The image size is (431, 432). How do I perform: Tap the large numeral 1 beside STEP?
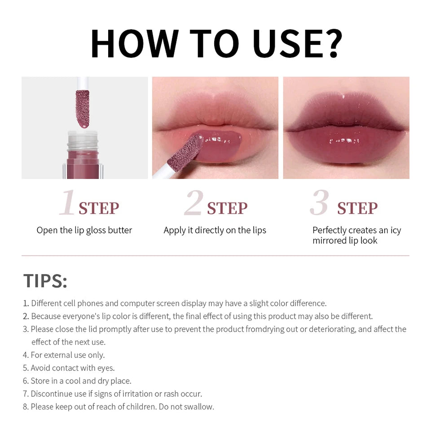[x=67, y=203]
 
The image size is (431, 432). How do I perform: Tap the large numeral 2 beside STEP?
[x=194, y=203]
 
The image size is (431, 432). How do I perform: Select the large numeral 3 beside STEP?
[x=319, y=203]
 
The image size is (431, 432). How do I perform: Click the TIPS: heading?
[x=45, y=281]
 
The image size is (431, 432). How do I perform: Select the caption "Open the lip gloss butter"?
[x=84, y=230]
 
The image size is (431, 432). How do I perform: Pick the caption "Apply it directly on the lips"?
[x=215, y=230]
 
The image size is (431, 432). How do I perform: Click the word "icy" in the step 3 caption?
[x=396, y=230]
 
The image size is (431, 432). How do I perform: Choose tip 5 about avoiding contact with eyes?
[x=72, y=368]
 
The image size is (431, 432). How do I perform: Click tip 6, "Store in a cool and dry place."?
[x=81, y=381]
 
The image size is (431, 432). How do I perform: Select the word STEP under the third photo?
[x=357, y=208]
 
